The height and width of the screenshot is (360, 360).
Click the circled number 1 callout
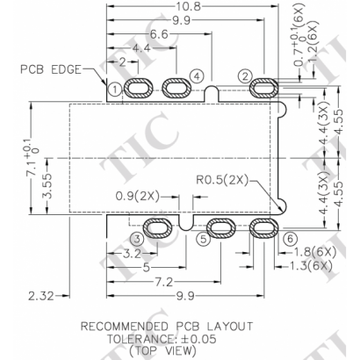(115, 89)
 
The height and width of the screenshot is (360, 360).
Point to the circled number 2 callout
(246, 76)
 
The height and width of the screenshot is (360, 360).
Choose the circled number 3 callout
(136, 238)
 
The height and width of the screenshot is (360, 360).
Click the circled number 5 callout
(203, 238)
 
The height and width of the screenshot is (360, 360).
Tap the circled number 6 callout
(289, 239)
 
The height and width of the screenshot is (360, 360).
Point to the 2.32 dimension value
(40, 293)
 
